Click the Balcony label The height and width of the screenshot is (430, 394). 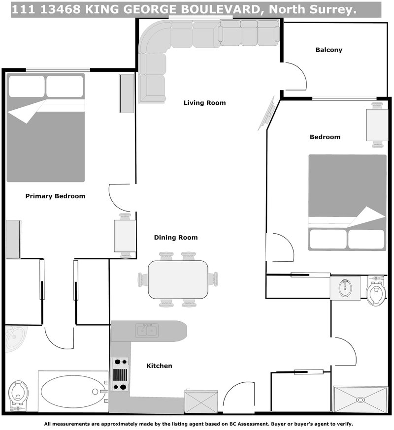[x=328, y=50]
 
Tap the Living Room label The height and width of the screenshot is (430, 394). [x=204, y=103]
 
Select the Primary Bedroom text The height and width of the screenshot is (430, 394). [x=55, y=196]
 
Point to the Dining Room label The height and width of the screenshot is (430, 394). [x=176, y=238]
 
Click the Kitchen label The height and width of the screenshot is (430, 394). [x=160, y=366]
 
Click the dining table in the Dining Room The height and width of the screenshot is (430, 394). [x=178, y=279]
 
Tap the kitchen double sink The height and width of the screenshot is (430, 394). [x=147, y=331]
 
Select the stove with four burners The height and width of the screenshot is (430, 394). [x=120, y=374]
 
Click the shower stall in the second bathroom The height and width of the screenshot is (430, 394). [x=361, y=399]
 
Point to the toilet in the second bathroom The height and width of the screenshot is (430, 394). [x=377, y=292]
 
